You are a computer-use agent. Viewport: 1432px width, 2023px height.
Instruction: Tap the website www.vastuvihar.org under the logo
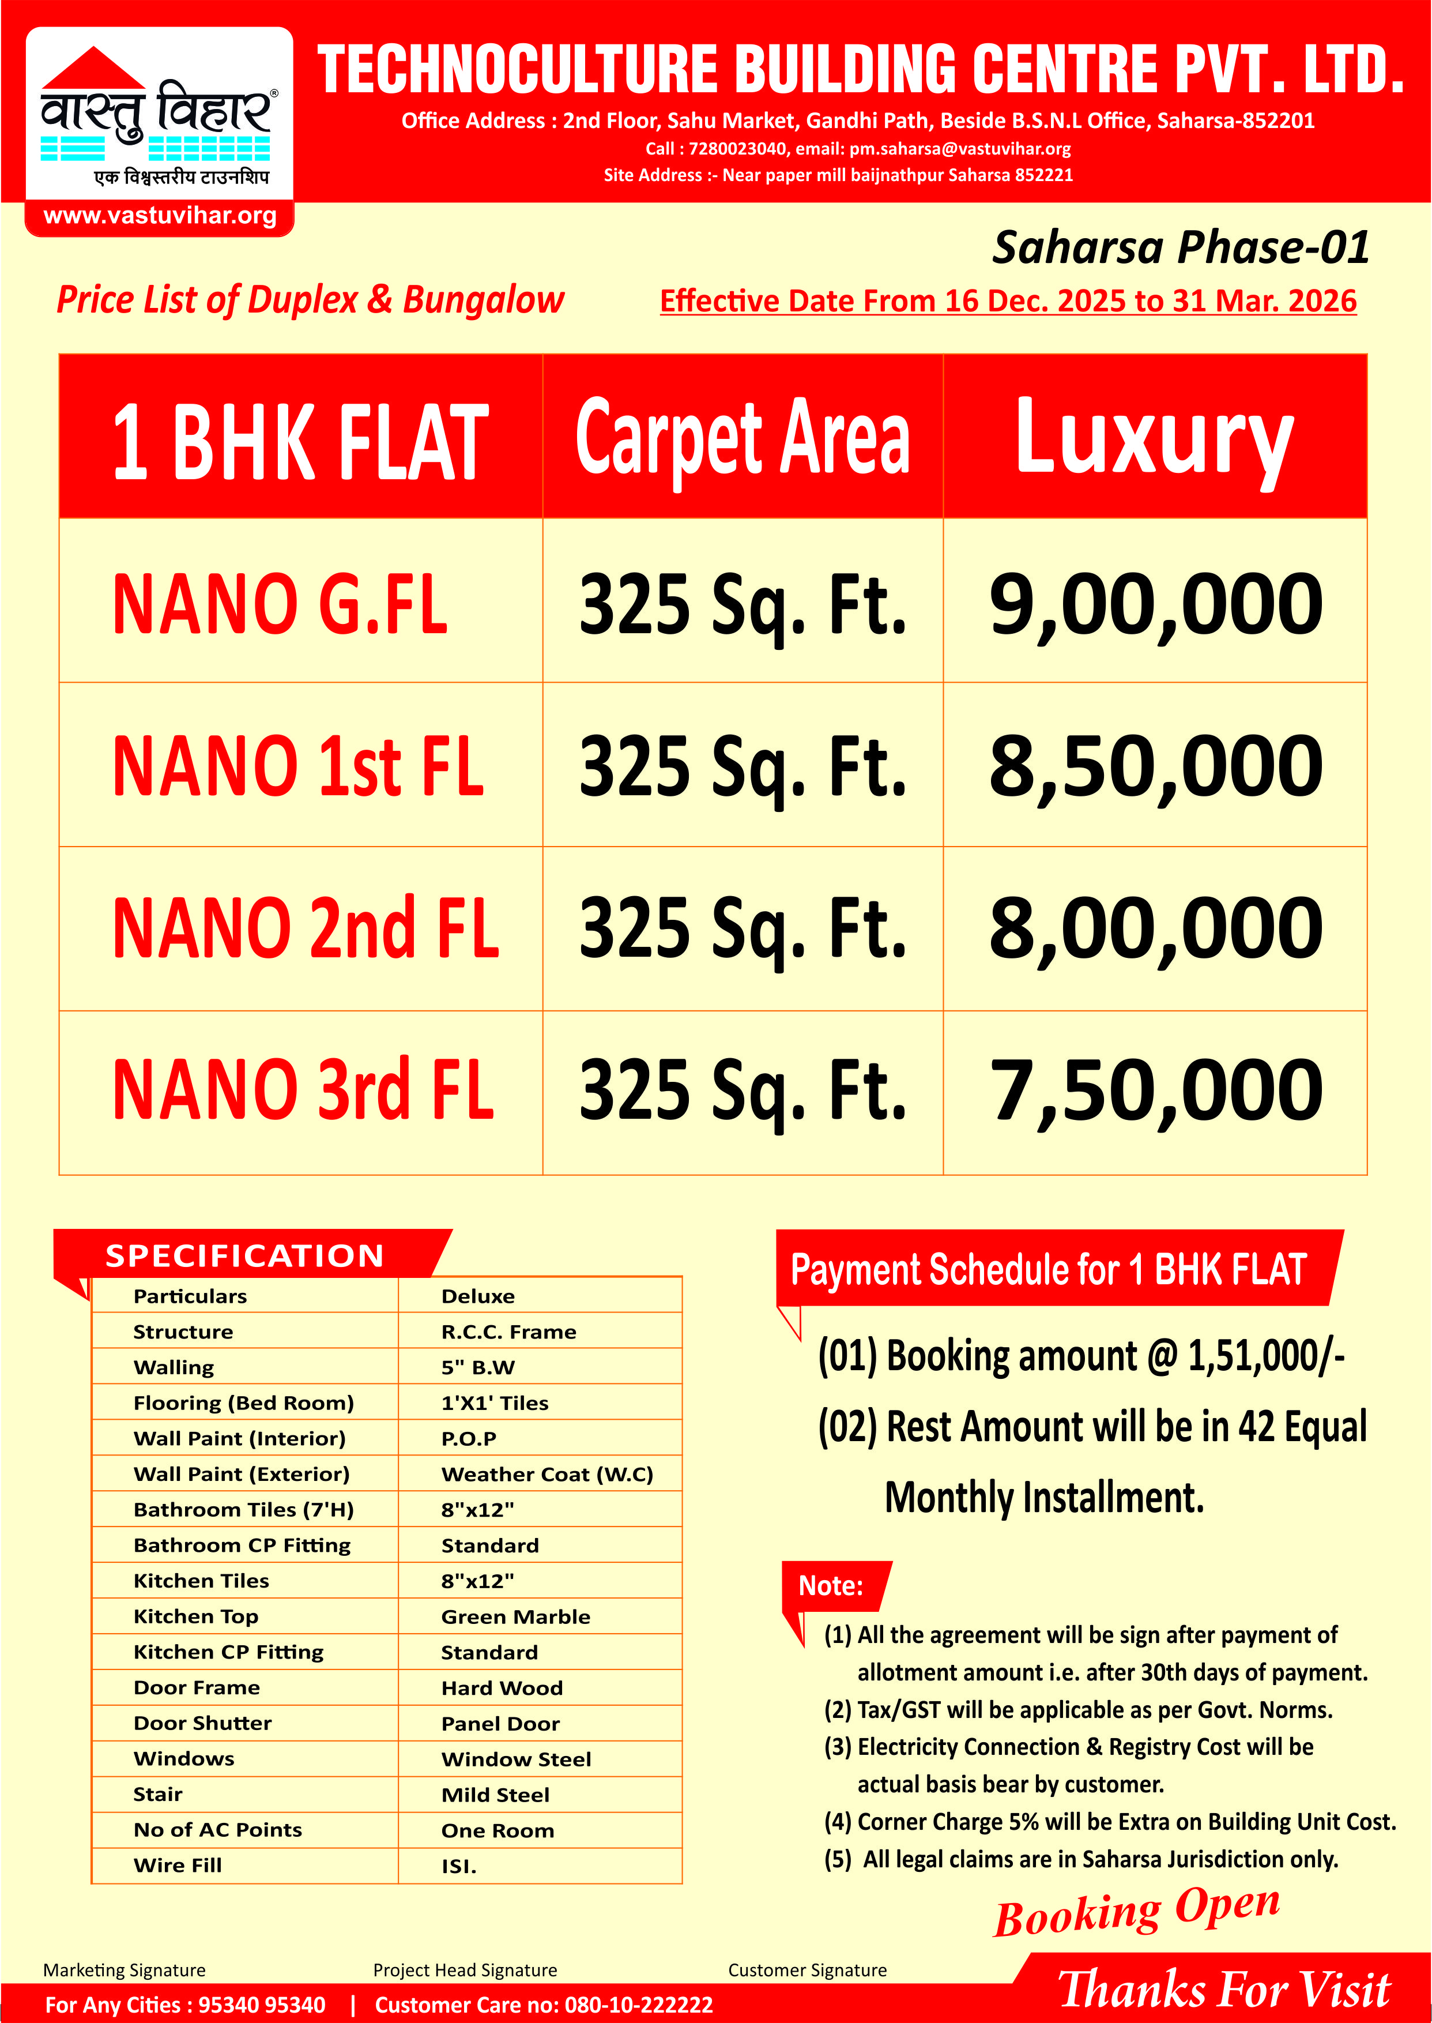coord(160,216)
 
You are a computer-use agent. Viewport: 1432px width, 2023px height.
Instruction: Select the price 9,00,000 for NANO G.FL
coord(1155,604)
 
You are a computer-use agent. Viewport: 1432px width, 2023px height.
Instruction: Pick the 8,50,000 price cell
coord(1155,766)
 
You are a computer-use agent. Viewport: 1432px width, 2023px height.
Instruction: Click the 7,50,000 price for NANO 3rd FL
coord(1155,1091)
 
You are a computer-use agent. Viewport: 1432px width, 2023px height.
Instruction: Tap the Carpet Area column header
coord(743,437)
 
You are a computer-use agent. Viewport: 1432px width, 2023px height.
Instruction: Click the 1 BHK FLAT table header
coord(300,441)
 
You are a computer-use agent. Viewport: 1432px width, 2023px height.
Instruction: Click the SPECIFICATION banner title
coord(244,1256)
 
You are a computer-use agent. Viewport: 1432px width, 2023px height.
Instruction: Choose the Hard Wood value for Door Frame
coord(502,1688)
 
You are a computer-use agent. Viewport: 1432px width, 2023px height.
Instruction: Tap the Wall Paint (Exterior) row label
coord(242,1475)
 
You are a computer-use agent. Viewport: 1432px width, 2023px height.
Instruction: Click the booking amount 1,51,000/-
coord(1265,1356)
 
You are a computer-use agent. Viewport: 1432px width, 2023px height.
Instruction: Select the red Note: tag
coord(831,1586)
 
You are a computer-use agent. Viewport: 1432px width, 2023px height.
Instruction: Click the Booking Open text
coord(1137,1912)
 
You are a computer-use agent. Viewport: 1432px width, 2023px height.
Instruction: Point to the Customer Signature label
coord(807,1970)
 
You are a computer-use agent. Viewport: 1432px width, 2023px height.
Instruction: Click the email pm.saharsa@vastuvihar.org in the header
coord(960,149)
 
